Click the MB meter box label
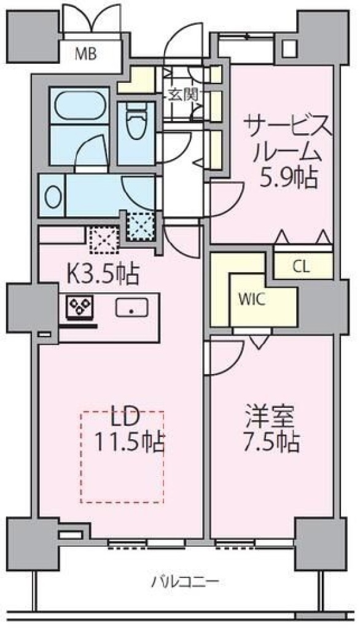point(86,53)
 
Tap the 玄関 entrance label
point(182,95)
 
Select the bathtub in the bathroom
point(80,105)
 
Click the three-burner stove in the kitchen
point(80,307)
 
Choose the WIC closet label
point(252,300)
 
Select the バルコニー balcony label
point(185,581)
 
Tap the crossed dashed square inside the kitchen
point(104,240)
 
